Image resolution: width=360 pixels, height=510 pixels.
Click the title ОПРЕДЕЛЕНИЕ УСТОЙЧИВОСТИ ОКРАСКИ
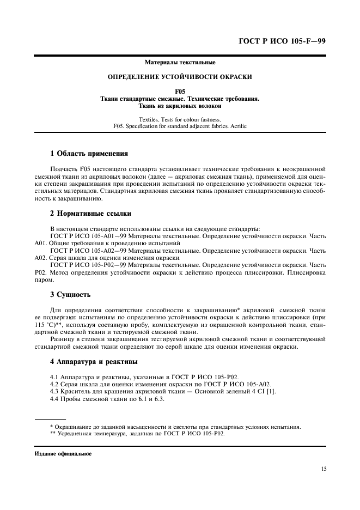click(x=180, y=77)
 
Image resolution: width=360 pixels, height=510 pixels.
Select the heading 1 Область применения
click(x=89, y=154)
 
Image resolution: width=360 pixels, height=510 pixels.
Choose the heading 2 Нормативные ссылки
click(x=90, y=213)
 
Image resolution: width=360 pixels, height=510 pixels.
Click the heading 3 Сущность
click(x=70, y=295)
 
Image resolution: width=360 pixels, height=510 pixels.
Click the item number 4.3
click(x=54, y=391)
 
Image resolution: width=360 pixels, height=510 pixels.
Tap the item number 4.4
click(x=54, y=399)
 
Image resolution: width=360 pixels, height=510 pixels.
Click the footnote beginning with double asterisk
click(x=136, y=434)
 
